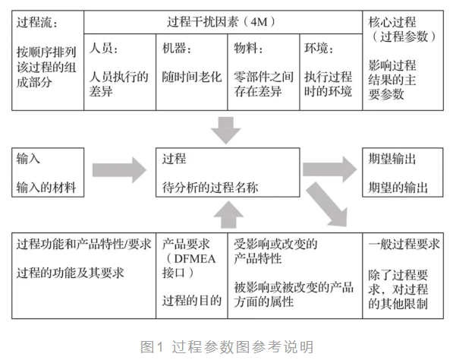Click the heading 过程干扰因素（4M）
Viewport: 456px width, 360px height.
(222, 22)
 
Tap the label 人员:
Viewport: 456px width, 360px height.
(103, 48)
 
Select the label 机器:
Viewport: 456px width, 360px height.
(177, 48)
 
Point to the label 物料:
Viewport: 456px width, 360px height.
(248, 48)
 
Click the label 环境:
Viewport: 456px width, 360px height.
(319, 48)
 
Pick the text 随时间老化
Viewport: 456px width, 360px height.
(192, 77)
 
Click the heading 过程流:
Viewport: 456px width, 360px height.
(37, 22)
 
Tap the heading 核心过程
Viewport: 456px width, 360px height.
(392, 22)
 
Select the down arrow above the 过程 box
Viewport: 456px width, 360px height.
(226, 130)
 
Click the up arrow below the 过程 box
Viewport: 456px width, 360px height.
(228, 215)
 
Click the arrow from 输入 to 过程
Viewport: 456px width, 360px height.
(120, 170)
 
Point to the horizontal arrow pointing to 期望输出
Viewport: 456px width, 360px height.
(330, 169)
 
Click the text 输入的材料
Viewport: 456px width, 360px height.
(46, 187)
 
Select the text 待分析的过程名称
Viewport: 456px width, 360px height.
(210, 187)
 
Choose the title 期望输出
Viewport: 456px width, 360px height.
(392, 159)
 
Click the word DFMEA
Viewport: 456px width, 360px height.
(195, 259)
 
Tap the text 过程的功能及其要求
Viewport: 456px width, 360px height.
(70, 273)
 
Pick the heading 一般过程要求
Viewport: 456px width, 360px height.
(404, 244)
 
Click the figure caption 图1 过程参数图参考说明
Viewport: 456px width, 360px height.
(227, 346)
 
